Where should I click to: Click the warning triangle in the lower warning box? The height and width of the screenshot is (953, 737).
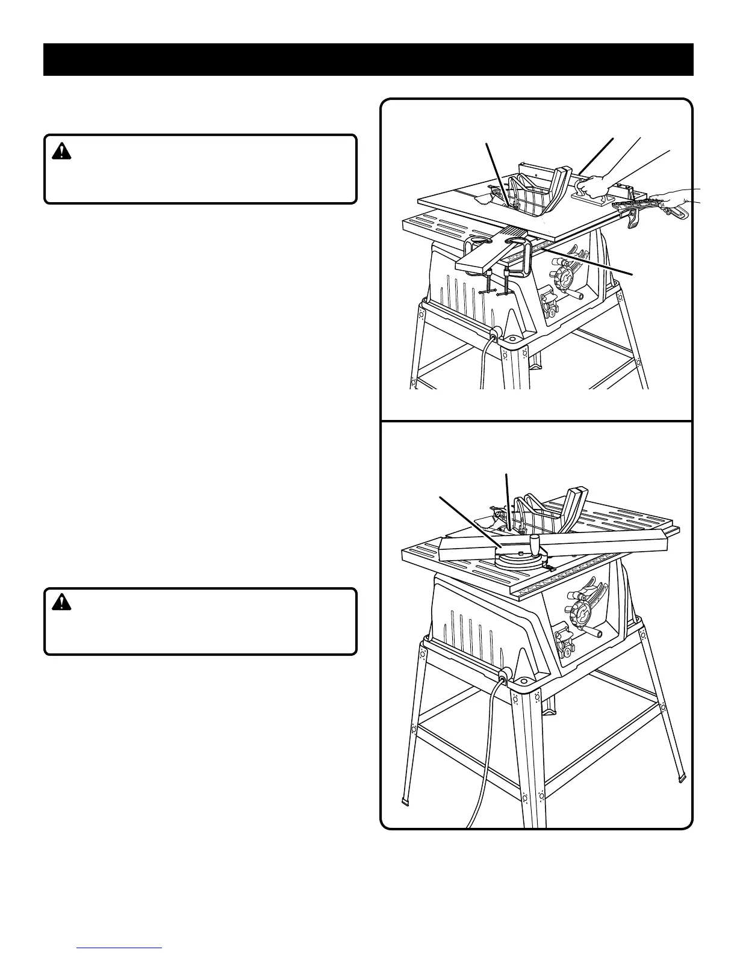click(x=61, y=602)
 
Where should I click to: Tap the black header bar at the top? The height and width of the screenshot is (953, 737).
click(x=368, y=60)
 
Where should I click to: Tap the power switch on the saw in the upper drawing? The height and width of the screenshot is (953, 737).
click(x=550, y=304)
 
